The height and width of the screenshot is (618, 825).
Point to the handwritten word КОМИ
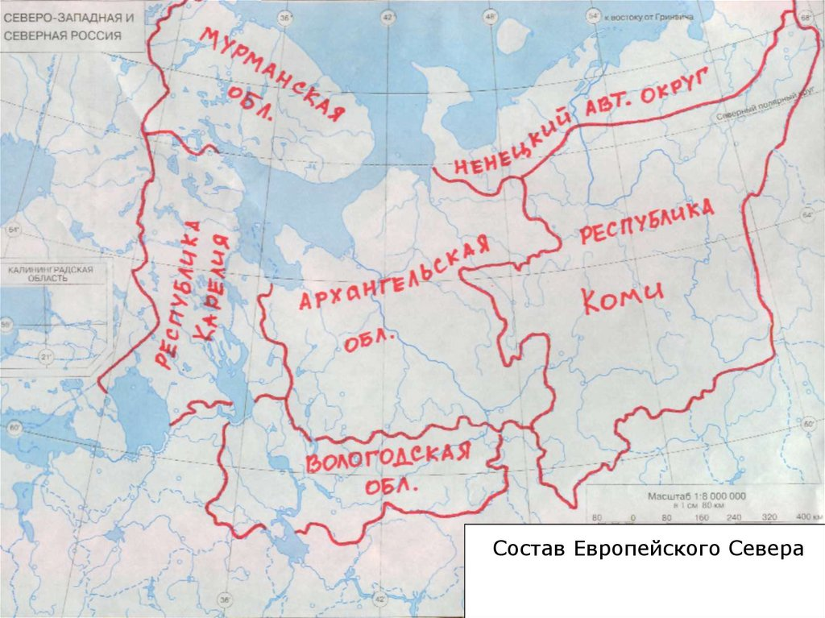622,300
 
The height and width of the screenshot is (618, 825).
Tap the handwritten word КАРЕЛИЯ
218,286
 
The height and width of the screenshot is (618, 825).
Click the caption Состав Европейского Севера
649,550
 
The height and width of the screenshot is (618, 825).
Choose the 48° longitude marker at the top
489,16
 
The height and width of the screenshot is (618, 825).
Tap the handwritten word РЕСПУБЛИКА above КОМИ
647,222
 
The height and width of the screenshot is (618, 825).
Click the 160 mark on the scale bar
700,517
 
